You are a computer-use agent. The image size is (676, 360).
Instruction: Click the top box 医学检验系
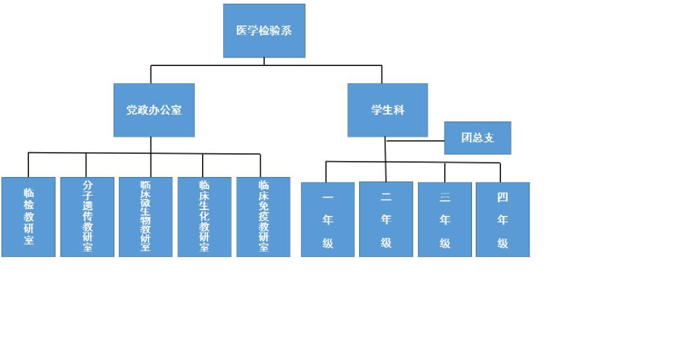[x=264, y=30]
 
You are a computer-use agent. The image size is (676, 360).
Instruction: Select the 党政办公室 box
[x=154, y=110]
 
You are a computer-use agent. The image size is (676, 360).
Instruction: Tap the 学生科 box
[x=388, y=110]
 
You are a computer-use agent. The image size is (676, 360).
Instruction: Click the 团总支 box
[x=477, y=138]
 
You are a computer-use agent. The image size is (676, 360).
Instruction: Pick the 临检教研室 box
[x=28, y=217]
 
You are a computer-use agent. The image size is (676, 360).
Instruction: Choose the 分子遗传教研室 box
[x=87, y=217]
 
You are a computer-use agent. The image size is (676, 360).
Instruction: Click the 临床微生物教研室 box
[x=145, y=217]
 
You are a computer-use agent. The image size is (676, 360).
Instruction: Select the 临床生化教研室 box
[x=204, y=217]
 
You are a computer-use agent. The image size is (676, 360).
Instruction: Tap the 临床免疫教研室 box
[x=263, y=217]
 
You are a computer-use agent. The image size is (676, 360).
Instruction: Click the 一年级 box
[x=327, y=219]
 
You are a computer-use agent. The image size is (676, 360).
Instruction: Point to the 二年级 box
[x=386, y=219]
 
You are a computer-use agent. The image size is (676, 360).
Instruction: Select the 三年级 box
[x=445, y=219]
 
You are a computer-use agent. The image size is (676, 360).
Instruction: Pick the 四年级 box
[x=502, y=219]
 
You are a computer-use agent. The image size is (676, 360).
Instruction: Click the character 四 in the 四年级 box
[x=502, y=197]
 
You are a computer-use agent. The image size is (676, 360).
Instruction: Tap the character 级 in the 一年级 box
[x=327, y=243]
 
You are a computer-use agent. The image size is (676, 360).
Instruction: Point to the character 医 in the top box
[x=242, y=30]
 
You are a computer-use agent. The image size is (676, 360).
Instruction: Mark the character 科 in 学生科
[x=399, y=110]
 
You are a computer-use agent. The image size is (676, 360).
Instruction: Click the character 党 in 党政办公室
[x=132, y=110]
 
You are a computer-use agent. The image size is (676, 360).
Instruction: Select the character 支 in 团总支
[x=489, y=138]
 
